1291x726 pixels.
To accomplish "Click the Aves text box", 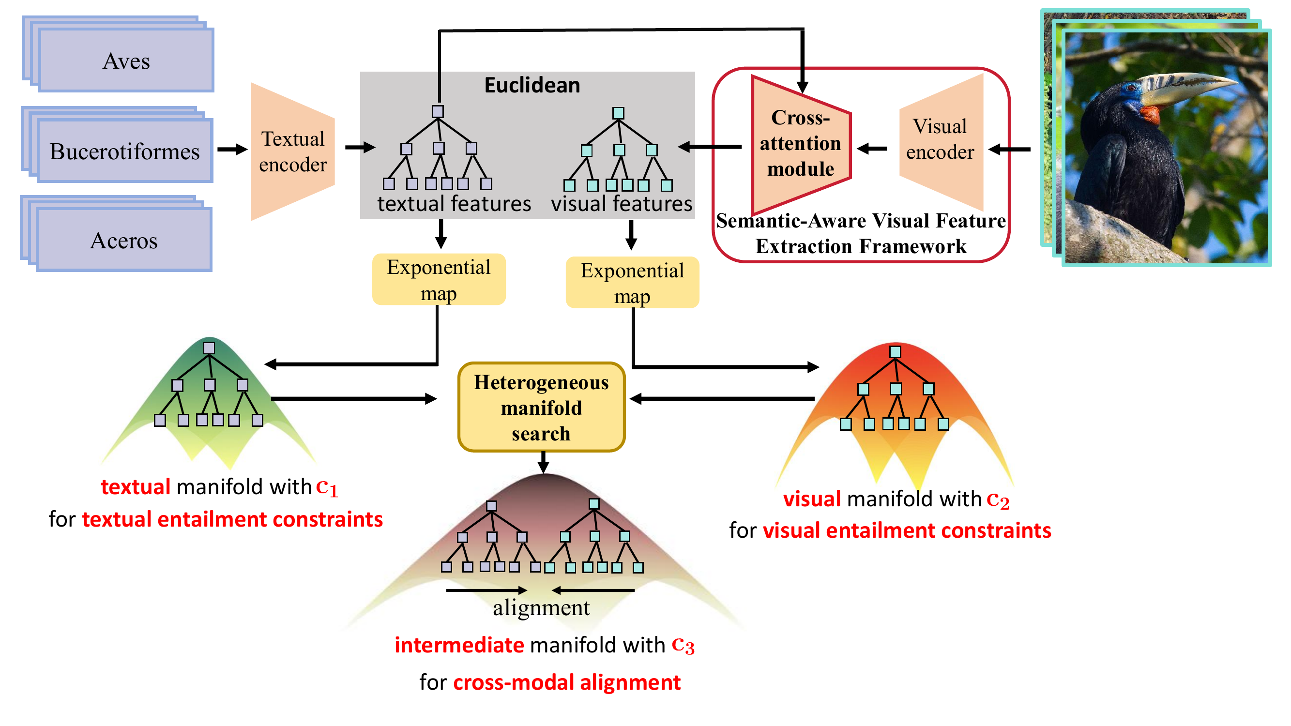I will pyautogui.click(x=126, y=60).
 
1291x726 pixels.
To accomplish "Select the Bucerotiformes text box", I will pyautogui.click(x=125, y=151).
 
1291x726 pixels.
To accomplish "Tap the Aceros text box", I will pyautogui.click(x=124, y=241).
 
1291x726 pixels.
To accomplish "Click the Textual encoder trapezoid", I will pyautogui.click(x=293, y=151).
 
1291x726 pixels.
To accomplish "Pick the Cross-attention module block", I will pyautogui.click(x=800, y=144).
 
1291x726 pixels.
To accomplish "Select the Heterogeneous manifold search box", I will pyautogui.click(x=541, y=408).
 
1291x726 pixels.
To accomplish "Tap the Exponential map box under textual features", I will pyautogui.click(x=439, y=280).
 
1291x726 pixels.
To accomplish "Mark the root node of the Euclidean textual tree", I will pyautogui.click(x=438, y=111).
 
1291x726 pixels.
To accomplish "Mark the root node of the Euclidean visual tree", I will pyautogui.click(x=619, y=113).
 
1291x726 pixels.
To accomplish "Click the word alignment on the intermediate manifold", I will pyautogui.click(x=541, y=608).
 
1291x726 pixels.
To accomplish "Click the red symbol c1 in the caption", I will pyautogui.click(x=327, y=487).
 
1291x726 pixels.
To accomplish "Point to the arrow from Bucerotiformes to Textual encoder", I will pyautogui.click(x=232, y=149).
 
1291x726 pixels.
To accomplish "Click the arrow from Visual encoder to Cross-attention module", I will pyautogui.click(x=872, y=148).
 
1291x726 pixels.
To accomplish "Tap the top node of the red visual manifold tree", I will pyautogui.click(x=895, y=352).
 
